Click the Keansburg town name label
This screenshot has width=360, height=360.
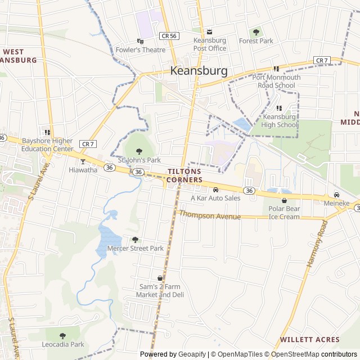click(x=199, y=71)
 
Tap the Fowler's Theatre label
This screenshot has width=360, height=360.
click(x=141, y=49)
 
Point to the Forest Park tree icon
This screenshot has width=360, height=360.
click(x=256, y=32)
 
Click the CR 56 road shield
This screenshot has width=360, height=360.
click(x=168, y=35)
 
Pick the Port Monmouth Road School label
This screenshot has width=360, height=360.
click(x=276, y=82)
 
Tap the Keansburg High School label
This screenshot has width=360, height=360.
click(x=280, y=121)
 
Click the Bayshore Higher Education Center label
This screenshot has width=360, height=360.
click(x=47, y=145)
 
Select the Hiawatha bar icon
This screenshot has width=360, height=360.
click(x=83, y=161)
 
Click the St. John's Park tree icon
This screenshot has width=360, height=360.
click(x=139, y=151)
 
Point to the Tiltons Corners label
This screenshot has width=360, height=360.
click(x=185, y=175)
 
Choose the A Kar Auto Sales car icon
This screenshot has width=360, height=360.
click(x=215, y=190)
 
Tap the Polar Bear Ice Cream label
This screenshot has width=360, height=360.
click(x=284, y=213)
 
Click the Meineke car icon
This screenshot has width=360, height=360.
click(x=336, y=195)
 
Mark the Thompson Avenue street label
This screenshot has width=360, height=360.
click(x=210, y=216)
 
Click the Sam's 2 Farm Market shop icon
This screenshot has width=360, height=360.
click(x=160, y=278)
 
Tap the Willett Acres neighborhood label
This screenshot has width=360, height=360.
click(x=309, y=340)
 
